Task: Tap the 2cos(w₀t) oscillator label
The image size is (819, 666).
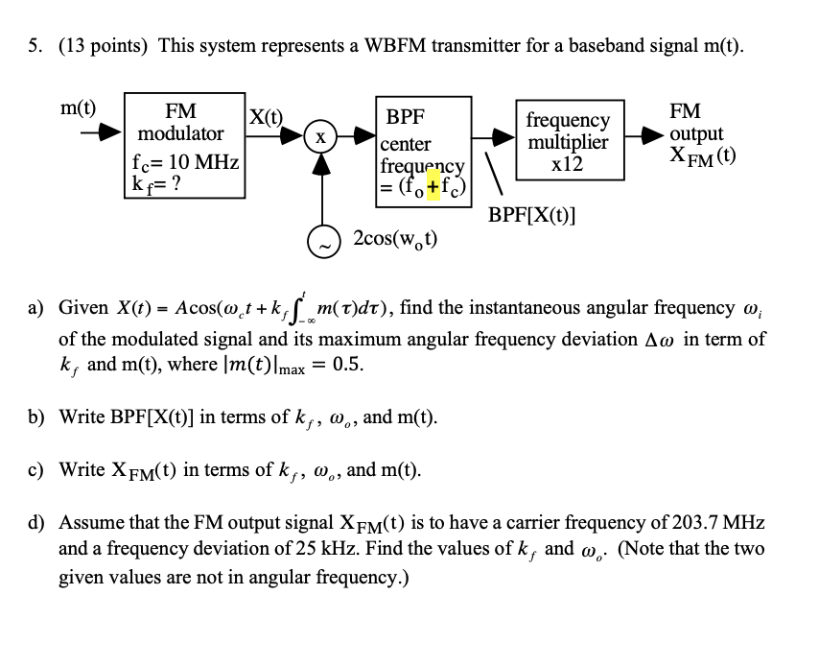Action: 395,238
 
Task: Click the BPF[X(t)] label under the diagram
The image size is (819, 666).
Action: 531,214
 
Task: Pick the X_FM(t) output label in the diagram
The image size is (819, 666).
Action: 703,156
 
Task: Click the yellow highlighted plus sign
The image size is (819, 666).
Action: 433,186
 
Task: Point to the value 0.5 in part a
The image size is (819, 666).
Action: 347,366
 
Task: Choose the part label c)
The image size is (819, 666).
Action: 36,470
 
